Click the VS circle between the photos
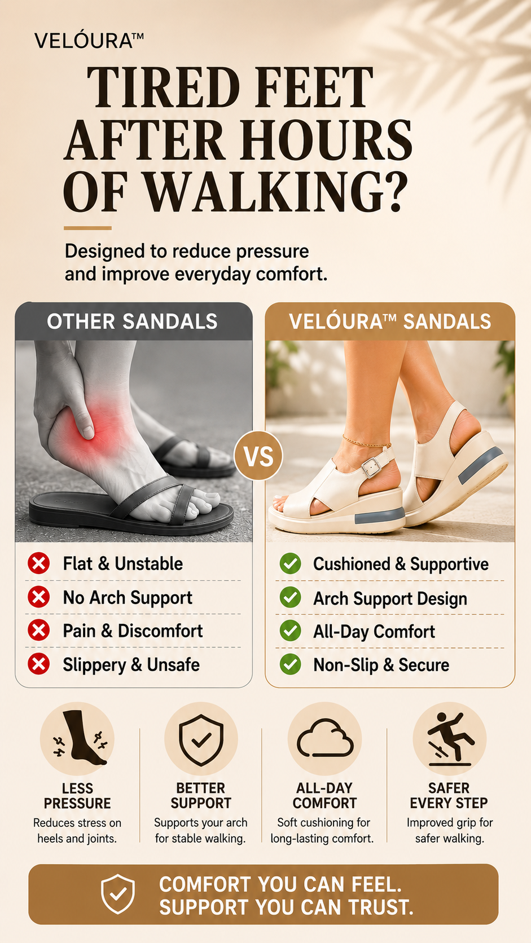click(x=258, y=456)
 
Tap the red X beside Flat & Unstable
click(x=39, y=563)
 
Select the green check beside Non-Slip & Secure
click(x=291, y=664)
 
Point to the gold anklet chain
click(x=366, y=442)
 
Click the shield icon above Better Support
click(x=201, y=740)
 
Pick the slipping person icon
click(x=450, y=739)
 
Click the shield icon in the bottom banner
click(x=118, y=893)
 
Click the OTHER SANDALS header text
click(x=132, y=321)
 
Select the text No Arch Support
click(x=128, y=598)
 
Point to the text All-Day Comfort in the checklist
click(x=374, y=632)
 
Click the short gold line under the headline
click(x=87, y=228)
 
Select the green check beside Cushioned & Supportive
click(x=291, y=563)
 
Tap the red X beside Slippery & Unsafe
click(x=39, y=664)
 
